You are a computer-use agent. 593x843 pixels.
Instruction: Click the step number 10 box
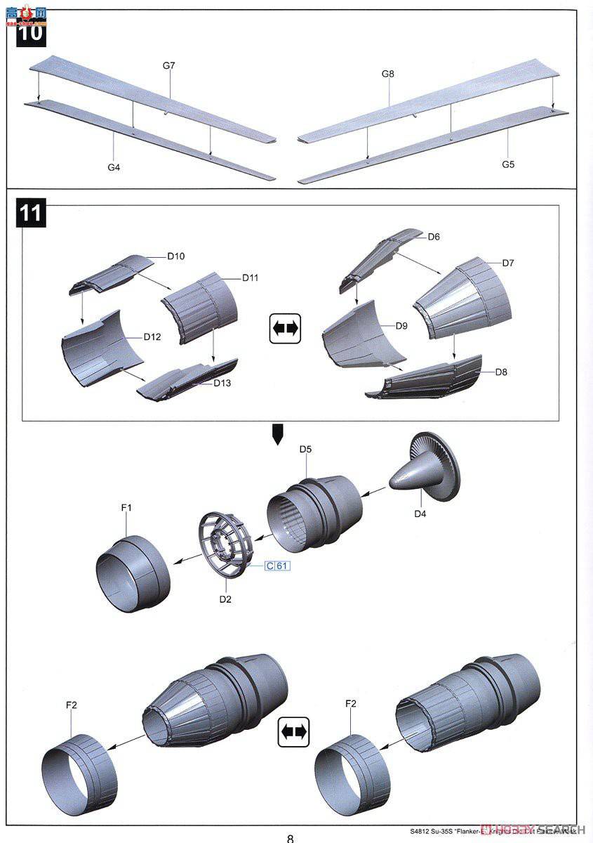30,32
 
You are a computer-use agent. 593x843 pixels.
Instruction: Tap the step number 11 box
30,212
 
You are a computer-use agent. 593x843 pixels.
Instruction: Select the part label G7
168,65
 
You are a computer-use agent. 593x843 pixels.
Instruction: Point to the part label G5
508,164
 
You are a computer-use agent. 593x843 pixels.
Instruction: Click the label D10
175,256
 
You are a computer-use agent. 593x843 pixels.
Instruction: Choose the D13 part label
222,383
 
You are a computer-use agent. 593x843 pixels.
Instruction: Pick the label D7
508,263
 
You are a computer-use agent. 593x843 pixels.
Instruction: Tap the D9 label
401,325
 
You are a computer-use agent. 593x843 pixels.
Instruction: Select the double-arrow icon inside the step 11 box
285,328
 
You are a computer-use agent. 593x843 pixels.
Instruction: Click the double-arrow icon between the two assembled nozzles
295,732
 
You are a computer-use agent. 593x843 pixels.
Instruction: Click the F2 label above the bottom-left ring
72,705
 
